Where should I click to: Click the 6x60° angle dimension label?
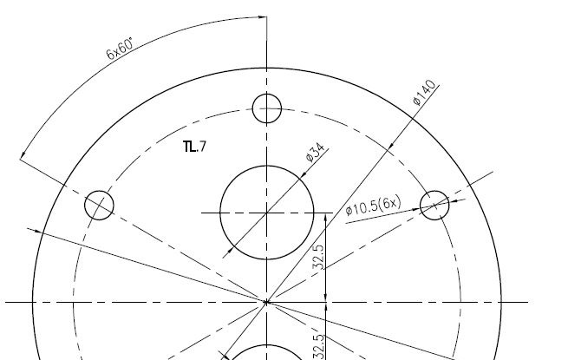pyautogui.click(x=120, y=48)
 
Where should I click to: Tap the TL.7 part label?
pyautogui.click(x=195, y=147)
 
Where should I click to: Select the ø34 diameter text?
pyautogui.click(x=315, y=152)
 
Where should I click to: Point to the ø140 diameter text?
pyautogui.click(x=424, y=93)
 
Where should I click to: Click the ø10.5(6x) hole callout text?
pyautogui.click(x=373, y=206)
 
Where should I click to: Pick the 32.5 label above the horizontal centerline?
pyautogui.click(x=318, y=257)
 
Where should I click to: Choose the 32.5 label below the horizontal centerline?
pyautogui.click(x=318, y=347)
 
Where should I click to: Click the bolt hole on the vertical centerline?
pyautogui.click(x=267, y=108)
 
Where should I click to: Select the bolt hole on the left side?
pyautogui.click(x=99, y=206)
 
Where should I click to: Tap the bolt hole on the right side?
pyautogui.click(x=434, y=206)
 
